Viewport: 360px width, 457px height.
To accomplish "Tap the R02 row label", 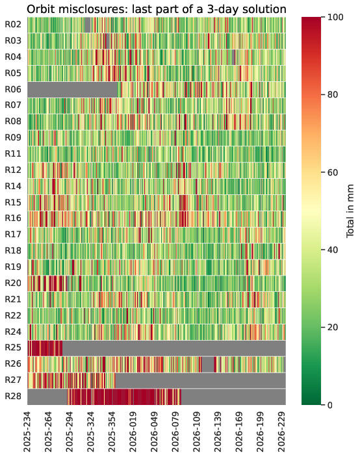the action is (x=13, y=25).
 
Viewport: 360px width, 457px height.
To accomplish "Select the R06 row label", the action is (x=13, y=90).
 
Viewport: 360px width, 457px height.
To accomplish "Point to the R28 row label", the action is (x=13, y=397).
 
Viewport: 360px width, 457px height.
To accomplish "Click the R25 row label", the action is (x=13, y=348).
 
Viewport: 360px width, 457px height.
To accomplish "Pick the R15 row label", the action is (x=13, y=202).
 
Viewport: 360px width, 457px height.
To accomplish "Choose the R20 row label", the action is (x=13, y=283).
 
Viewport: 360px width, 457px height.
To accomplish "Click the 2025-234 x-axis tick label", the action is (x=27, y=432).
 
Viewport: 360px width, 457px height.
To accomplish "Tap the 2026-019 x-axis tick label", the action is (x=133, y=432).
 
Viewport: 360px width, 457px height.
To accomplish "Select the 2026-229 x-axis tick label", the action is (x=281, y=432).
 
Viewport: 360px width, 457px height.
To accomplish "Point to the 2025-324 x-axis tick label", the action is (x=91, y=432).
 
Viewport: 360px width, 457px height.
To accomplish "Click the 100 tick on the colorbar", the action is (x=335, y=17).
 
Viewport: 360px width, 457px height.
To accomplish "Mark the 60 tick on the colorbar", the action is (x=333, y=172).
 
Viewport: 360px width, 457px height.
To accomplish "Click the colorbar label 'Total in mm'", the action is (x=350, y=211).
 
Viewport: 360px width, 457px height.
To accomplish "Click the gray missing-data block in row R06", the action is (x=73, y=90).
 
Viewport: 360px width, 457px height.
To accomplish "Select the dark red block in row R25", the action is (x=45, y=348).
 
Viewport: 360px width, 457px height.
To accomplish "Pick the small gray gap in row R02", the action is (x=87, y=25).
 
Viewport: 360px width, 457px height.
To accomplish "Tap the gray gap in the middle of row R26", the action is (x=208, y=364).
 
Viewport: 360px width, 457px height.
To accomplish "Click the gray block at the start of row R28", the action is (x=47, y=397).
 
